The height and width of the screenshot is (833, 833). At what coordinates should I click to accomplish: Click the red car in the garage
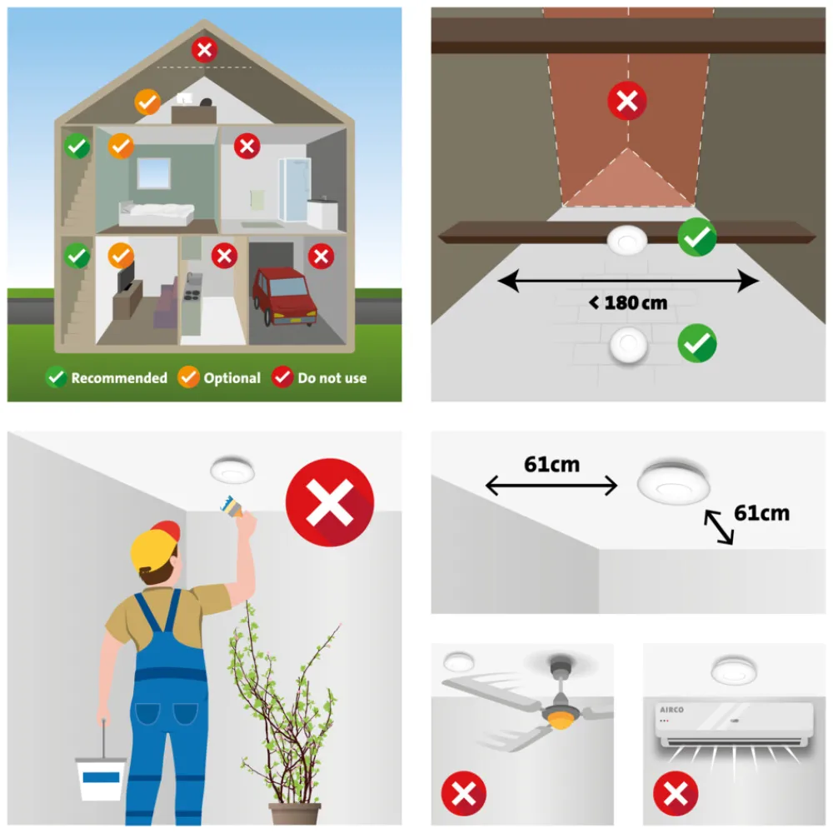point(284,297)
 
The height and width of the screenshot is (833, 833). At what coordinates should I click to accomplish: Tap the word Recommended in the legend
point(119,378)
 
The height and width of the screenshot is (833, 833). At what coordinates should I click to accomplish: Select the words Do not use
point(332,378)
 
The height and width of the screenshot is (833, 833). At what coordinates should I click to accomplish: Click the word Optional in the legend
point(232,378)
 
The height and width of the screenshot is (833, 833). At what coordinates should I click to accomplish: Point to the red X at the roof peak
point(205,50)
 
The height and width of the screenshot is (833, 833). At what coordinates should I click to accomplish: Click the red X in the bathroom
point(247,146)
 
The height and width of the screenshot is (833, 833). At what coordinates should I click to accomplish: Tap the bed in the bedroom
point(157,214)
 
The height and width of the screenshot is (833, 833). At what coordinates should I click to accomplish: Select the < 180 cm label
point(628,303)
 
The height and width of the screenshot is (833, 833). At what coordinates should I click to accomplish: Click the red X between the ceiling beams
point(627,101)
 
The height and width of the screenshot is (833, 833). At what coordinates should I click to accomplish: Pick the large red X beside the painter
point(330,502)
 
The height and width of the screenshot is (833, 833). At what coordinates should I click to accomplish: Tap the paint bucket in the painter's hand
point(101,776)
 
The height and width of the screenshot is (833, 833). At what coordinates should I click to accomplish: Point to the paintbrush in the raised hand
point(232,506)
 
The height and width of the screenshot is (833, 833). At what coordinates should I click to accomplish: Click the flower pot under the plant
point(295,813)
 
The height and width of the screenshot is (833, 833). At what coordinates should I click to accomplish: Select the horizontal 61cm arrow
point(551,486)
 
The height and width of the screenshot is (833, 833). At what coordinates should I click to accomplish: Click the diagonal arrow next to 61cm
point(720,527)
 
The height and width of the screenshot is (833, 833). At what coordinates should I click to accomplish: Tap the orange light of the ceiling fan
point(561,721)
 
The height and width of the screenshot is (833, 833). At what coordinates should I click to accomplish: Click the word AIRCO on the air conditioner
point(671,710)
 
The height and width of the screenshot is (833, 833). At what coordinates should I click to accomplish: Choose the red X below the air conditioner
point(676,794)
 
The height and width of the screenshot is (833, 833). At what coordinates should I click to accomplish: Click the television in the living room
point(126,277)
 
